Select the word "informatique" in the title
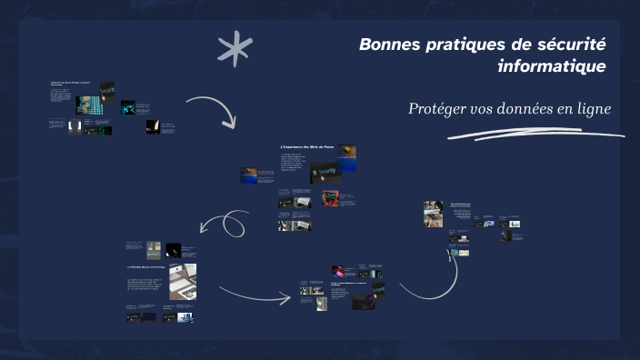552,66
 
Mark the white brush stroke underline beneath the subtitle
536,135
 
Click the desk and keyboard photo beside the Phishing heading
183,282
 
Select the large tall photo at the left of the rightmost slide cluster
433,214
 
